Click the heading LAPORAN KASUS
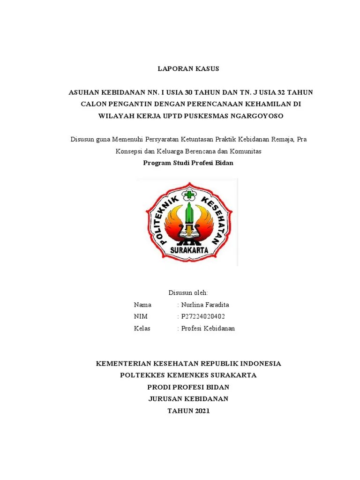[x=188, y=69]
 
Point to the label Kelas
[x=142, y=328]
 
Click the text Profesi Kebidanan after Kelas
[x=208, y=328]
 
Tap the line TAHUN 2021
[x=188, y=411]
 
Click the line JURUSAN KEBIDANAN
[x=188, y=399]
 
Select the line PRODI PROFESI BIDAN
[x=188, y=387]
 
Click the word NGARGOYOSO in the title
[x=260, y=116]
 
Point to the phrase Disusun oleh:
[x=188, y=292]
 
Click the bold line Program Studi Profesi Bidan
[x=188, y=163]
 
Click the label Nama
[x=142, y=305]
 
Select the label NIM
[x=141, y=316]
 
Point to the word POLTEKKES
[x=140, y=375]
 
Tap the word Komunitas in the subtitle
[x=245, y=151]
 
